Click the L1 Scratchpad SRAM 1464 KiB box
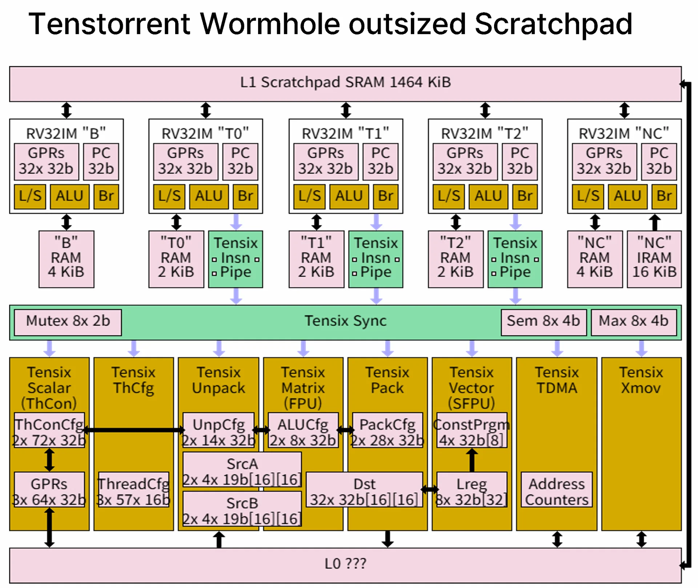tap(345, 84)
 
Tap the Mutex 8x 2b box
tap(68, 322)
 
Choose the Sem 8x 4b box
tap(543, 322)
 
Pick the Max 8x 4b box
tap(634, 322)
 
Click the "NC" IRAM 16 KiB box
tap(654, 259)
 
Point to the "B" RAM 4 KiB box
tap(66, 259)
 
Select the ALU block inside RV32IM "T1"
tap(349, 196)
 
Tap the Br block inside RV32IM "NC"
tap(664, 196)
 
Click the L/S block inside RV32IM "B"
tap(30, 196)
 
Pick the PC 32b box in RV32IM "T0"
tap(240, 161)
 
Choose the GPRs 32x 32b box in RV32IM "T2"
tap(465, 161)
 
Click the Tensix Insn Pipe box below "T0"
tap(236, 259)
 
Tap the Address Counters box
tap(557, 489)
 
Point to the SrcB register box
tap(242, 508)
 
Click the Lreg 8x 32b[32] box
tap(472, 489)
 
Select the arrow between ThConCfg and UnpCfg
tap(134, 430)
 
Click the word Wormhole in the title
tap(270, 24)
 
